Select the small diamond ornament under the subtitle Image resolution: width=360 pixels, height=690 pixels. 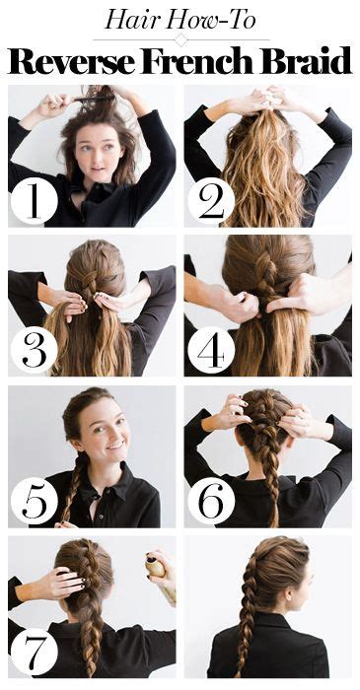click(x=180, y=39)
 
